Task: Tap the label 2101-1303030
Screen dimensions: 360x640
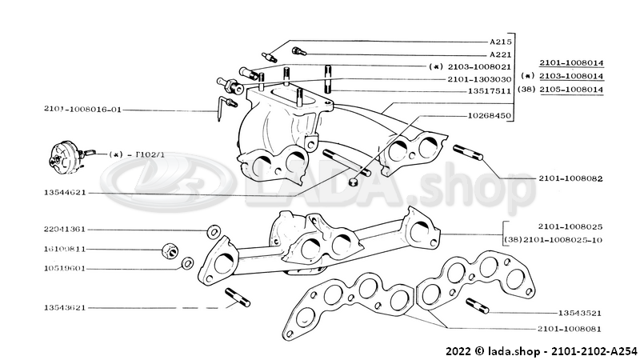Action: [478, 79]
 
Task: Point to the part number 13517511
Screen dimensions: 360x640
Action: [490, 92]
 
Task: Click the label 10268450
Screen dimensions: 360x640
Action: [490, 116]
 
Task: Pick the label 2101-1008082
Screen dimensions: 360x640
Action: [570, 179]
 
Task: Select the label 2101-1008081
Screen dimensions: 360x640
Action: [570, 329]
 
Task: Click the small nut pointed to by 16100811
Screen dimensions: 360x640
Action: [170, 251]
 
